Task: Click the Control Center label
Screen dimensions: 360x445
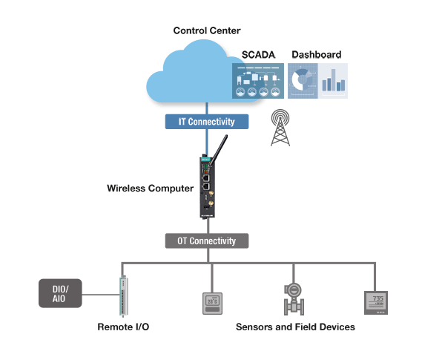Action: (207, 30)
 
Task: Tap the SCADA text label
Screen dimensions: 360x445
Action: (259, 55)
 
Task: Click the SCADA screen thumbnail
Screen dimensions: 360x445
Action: (259, 81)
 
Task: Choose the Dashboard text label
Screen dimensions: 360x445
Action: (316, 55)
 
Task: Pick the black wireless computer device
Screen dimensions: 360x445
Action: (208, 190)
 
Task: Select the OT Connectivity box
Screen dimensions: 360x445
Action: (207, 240)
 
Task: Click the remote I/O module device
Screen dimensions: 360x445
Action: (123, 296)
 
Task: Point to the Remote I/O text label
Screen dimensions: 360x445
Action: (123, 327)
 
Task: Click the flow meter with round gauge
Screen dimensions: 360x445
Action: (294, 300)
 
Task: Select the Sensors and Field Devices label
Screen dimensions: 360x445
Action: (295, 327)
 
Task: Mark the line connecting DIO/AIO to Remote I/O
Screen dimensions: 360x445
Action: (100, 295)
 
